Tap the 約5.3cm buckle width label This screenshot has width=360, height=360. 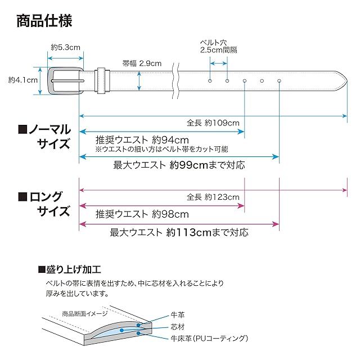click(65, 48)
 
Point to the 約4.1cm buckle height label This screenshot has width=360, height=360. click(23, 80)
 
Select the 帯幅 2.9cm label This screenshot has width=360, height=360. click(142, 63)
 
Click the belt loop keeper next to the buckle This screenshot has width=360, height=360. click(101, 81)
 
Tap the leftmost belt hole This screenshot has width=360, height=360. click(210, 82)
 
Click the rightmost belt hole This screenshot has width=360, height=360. click(279, 82)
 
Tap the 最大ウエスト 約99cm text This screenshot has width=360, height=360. click(179, 165)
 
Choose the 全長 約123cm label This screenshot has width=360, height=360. click(213, 197)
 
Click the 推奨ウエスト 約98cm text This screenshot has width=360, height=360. click(142, 214)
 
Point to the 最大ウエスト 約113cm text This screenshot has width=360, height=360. click(179, 232)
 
